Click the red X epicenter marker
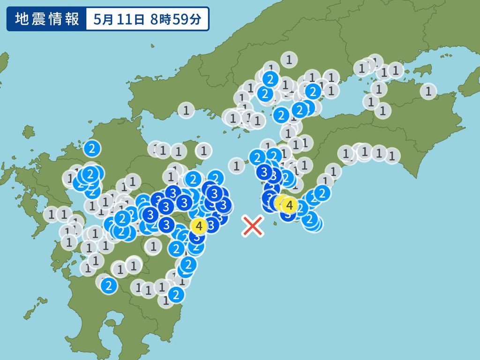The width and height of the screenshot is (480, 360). click(x=253, y=226)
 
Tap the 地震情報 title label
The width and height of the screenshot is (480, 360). click(x=46, y=19)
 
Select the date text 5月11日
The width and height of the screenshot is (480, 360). click(x=112, y=19)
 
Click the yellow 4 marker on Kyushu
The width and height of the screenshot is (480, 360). click(x=199, y=226)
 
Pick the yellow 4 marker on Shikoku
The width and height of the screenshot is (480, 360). click(x=289, y=205)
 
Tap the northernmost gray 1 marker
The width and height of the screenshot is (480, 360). click(x=289, y=59)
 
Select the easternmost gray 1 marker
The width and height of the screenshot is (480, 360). click(x=428, y=90)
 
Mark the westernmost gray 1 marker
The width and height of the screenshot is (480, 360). click(x=51, y=215)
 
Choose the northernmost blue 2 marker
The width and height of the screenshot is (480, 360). click(x=270, y=78)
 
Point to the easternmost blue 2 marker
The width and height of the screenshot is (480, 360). click(x=322, y=192)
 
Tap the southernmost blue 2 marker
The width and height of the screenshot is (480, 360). click(x=176, y=295)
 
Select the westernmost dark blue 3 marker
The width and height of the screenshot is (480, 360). click(x=151, y=215)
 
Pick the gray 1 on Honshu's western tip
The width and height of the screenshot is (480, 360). click(x=186, y=111)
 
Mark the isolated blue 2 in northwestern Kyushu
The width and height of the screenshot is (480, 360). click(x=92, y=149)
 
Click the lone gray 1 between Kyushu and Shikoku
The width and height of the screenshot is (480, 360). click(x=236, y=165)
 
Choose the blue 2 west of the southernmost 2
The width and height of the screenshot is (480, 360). click(x=109, y=285)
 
